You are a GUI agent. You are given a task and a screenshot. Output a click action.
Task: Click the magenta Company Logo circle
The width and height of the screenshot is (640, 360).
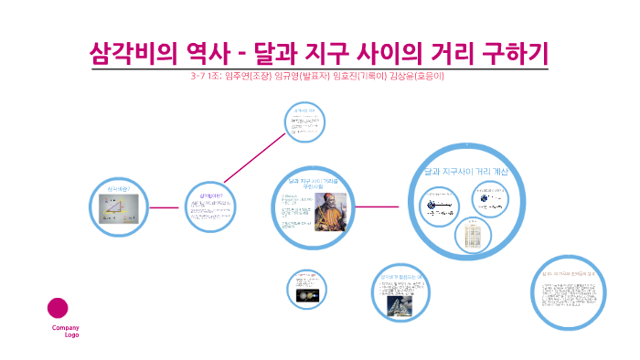(x=58, y=308)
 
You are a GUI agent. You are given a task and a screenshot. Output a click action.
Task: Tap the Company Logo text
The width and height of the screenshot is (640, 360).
(x=65, y=331)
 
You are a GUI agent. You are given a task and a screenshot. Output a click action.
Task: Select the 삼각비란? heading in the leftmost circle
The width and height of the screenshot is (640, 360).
(x=120, y=189)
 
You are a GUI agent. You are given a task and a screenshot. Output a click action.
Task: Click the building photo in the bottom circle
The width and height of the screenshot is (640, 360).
(x=400, y=305)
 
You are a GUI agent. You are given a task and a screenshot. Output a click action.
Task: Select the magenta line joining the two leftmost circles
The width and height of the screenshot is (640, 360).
(x=164, y=207)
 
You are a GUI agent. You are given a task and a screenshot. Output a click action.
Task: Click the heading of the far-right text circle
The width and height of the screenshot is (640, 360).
(x=568, y=272)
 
